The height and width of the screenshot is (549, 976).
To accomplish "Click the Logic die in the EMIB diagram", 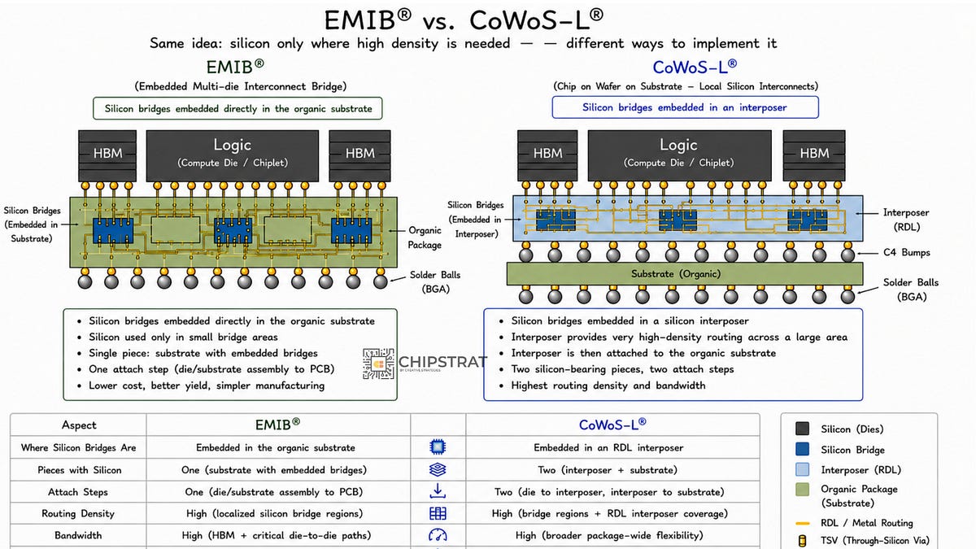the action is coord(233,155).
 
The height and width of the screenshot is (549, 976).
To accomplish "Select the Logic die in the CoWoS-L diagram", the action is coord(679,155).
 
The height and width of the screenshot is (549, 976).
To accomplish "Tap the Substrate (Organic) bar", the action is coord(685,273).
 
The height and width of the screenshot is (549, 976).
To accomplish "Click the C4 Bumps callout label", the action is coord(906,252).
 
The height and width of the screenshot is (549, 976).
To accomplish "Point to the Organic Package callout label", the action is coord(425,237).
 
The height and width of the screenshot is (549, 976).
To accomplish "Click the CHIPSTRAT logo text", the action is coord(442,362).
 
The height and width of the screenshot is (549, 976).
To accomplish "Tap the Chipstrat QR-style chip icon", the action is coord(378,364).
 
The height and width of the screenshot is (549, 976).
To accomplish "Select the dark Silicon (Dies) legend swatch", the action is coord(802,429).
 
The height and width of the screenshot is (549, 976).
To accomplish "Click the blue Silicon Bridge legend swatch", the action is coord(802,449).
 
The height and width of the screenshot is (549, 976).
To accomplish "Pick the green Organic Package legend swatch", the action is coord(802,490).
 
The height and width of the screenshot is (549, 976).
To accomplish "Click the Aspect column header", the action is coord(79,425).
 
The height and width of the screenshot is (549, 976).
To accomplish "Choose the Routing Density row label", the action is coord(78,513).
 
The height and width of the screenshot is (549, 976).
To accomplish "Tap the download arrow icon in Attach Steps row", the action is coord(438,491).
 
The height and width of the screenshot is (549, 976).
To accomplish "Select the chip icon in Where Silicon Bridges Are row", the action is coord(438,447).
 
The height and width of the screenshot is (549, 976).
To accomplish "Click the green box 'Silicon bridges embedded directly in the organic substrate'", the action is coord(237,108).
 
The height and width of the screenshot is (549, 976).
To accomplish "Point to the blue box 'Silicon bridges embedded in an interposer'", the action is coord(685,107).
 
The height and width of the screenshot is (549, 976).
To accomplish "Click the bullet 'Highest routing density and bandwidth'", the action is coord(608,386).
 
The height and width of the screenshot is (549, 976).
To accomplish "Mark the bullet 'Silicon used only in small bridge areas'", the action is coord(183,337).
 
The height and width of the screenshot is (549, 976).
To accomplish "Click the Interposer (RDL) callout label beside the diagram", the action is coord(906,220).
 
